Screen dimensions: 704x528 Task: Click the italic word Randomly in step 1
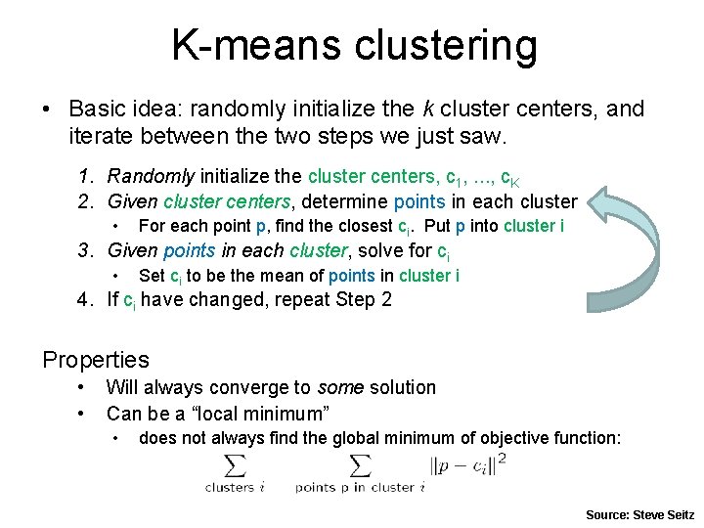[151, 177]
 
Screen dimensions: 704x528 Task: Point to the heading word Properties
[96, 360]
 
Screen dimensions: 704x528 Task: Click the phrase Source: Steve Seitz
[639, 514]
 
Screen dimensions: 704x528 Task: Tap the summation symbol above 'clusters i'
[235, 464]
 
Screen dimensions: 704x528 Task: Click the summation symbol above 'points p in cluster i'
[360, 464]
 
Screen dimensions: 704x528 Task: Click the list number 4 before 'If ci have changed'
[86, 300]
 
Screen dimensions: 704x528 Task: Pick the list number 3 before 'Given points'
[86, 250]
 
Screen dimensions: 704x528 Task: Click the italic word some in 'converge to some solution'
[340, 388]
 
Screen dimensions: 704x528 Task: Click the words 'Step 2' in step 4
[364, 300]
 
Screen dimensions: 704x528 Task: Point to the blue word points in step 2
[418, 202]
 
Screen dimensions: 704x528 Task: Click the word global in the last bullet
[380, 438]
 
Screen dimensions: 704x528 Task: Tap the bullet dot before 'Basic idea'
[47, 110]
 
